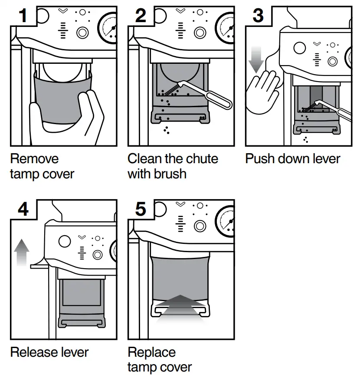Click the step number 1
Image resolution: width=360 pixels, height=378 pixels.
pyautogui.click(x=23, y=16)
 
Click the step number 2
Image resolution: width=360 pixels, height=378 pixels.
pyautogui.click(x=140, y=16)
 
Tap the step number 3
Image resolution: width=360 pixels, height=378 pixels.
pyautogui.click(x=258, y=16)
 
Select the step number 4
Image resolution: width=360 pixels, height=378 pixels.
pyautogui.click(x=23, y=209)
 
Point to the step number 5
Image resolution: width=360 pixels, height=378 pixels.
pyautogui.click(x=140, y=209)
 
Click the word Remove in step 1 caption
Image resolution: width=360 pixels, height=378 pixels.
pyautogui.click(x=34, y=159)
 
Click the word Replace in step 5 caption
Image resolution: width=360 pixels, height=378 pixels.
pyautogui.click(x=152, y=352)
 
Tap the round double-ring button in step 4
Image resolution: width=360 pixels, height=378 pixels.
pyautogui.click(x=97, y=255)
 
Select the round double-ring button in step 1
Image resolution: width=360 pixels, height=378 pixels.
pyautogui.click(x=82, y=33)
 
